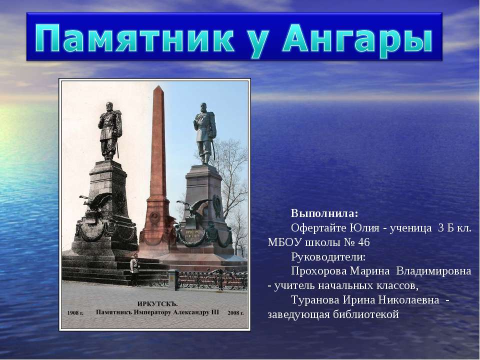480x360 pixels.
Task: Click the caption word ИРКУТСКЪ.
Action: tap(158, 302)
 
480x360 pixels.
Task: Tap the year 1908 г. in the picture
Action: tap(76, 311)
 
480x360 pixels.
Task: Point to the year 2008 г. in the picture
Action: tap(234, 312)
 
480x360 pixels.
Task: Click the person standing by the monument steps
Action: tap(134, 269)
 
